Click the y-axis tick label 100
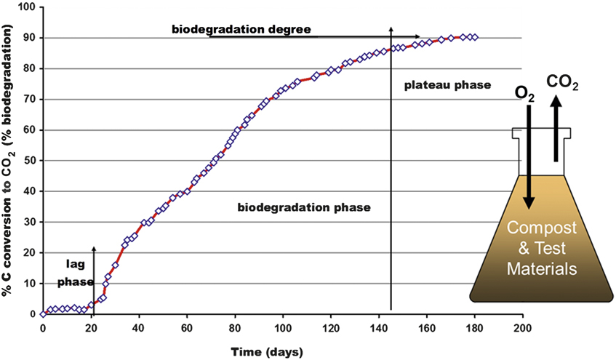pos(27,7)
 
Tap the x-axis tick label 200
pos(521,328)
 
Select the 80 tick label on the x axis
pos(235,328)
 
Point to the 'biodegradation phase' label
pos(304,207)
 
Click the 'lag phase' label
pos(71,269)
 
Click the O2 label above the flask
pos(526,93)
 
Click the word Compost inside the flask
pos(542,228)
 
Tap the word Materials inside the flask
pos(542,268)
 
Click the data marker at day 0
pos(43,313)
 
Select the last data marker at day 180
pos(475,37)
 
